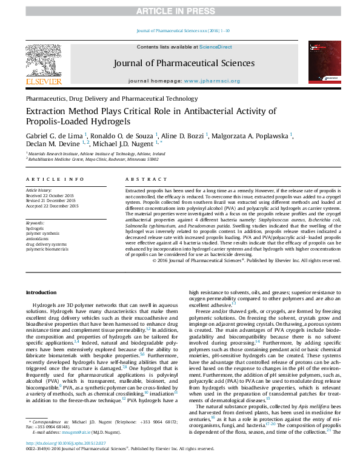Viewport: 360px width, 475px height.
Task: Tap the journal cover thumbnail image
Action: pyautogui.click(x=322, y=62)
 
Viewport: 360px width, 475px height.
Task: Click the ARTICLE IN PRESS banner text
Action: pyautogui.click(x=180, y=11)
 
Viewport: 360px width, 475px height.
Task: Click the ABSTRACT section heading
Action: pyautogui.click(x=141, y=180)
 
